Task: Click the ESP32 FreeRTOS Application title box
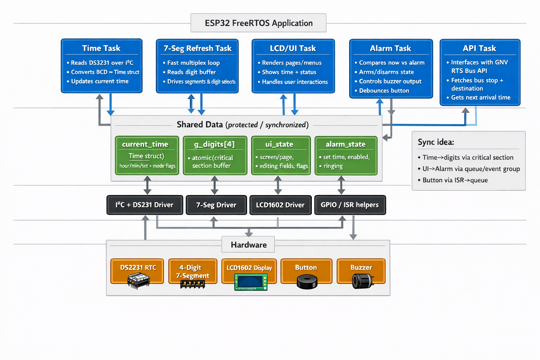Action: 258,23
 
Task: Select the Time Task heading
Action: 101,48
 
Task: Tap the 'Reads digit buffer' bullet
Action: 192,72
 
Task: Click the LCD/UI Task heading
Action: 293,48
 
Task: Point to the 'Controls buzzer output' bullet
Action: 390,81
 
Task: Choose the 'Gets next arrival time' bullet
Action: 481,97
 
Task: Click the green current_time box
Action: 147,155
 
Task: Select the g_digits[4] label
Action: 214,144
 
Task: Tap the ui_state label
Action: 279,144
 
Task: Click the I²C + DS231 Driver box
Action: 144,205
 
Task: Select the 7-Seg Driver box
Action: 216,205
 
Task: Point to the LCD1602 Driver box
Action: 280,205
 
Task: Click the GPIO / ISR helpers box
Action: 350,205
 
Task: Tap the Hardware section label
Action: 249,245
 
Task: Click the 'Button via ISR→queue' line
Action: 455,180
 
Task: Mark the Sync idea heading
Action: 436,142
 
